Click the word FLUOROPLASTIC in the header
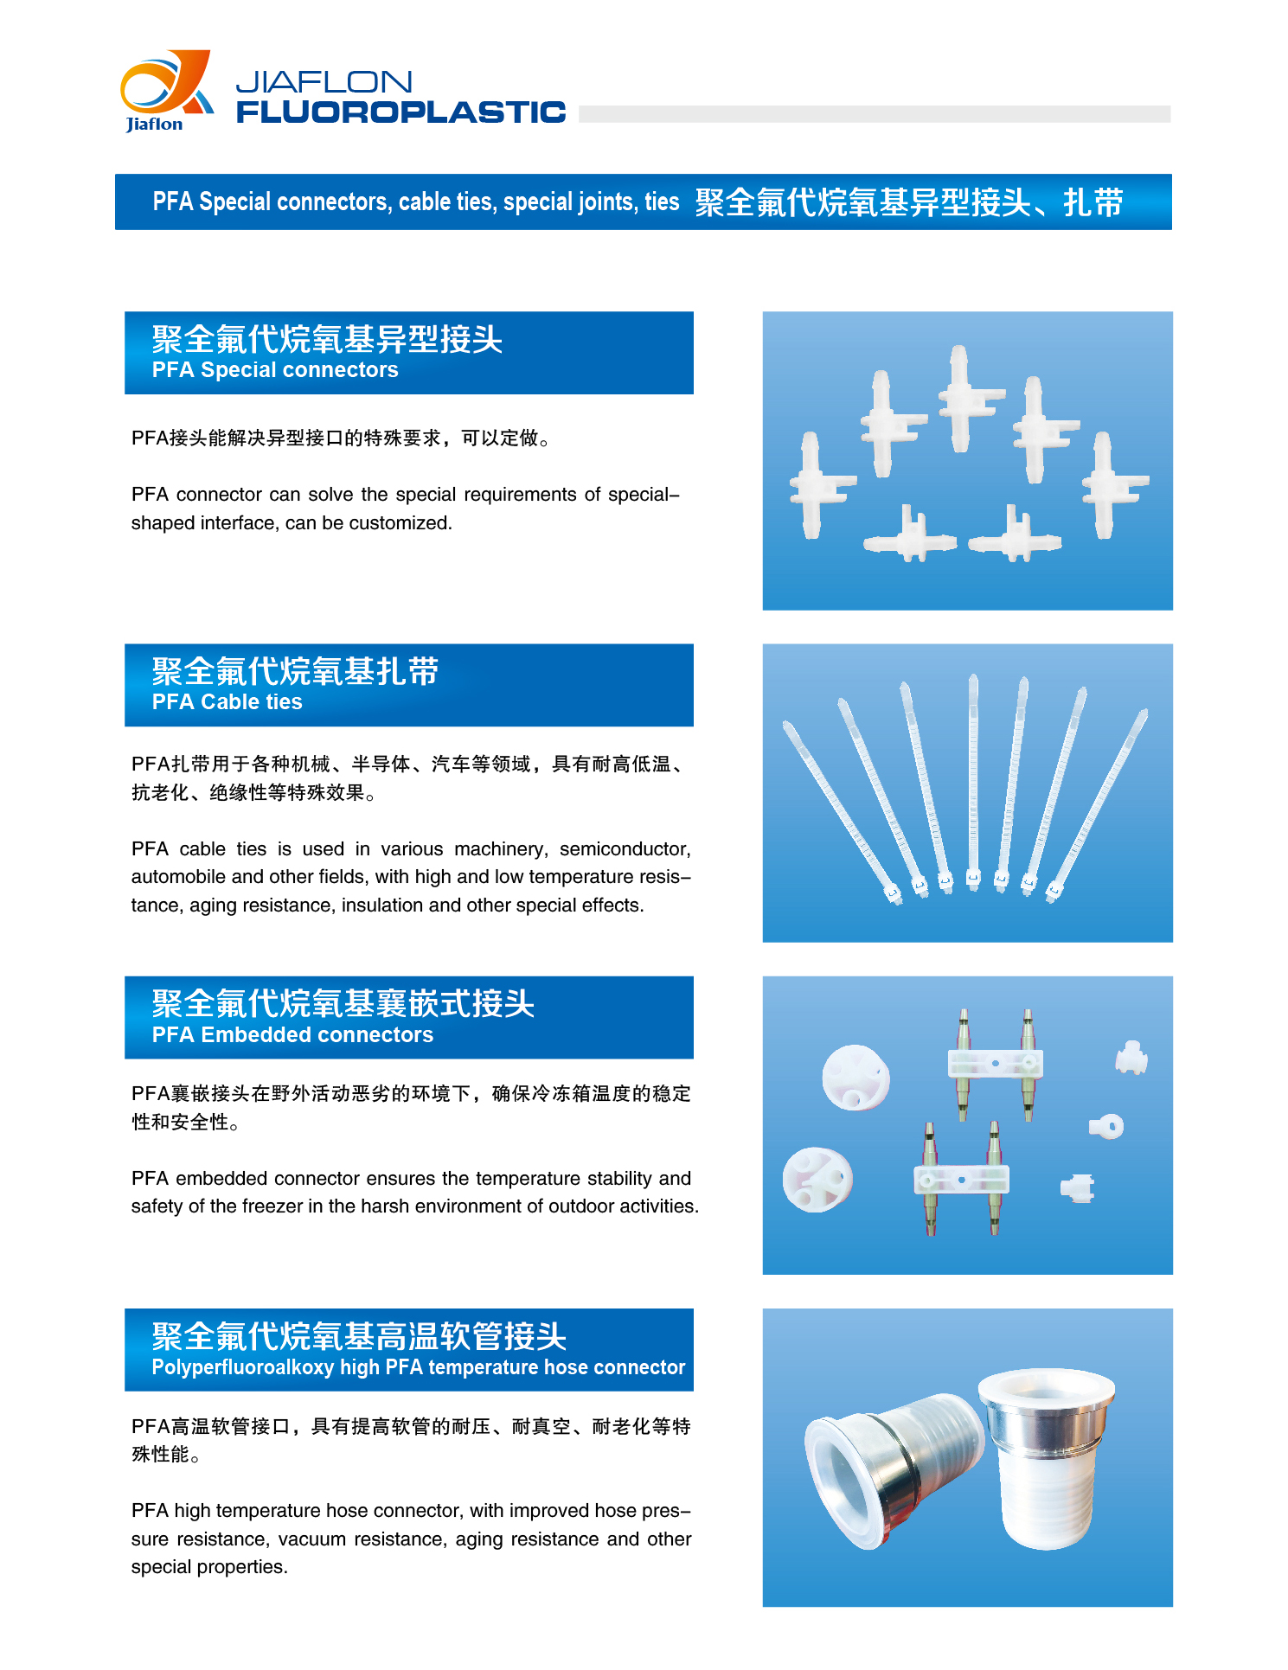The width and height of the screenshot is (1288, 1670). click(400, 112)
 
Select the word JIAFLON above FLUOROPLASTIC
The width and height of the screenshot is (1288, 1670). click(324, 81)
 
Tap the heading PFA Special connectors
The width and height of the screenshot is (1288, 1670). click(275, 370)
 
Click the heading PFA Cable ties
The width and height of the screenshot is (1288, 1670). click(227, 702)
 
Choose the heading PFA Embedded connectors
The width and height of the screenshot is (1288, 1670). click(292, 1035)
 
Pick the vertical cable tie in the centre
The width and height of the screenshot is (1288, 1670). click(973, 783)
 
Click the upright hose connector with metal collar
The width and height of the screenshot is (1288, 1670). click(1046, 1457)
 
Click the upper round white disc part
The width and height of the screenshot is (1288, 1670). click(855, 1078)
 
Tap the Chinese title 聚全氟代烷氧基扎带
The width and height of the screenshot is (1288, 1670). click(296, 671)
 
